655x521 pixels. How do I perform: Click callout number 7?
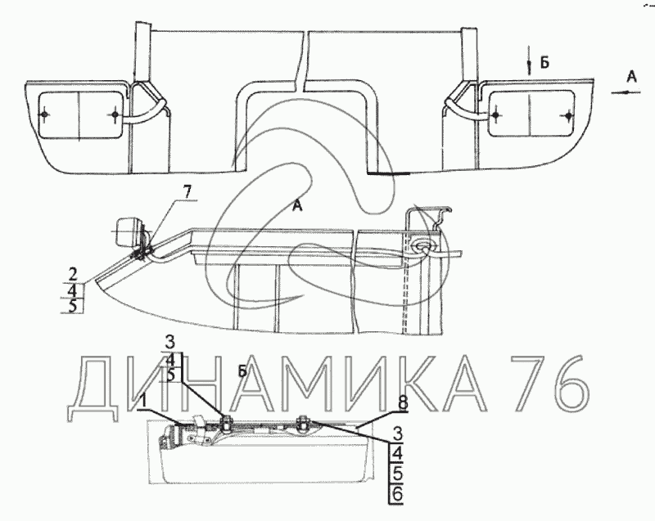pyautogui.click(x=187, y=192)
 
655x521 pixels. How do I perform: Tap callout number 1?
pyautogui.click(x=143, y=401)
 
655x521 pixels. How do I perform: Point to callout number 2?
pyautogui.click(x=73, y=275)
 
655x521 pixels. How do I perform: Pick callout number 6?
pyautogui.click(x=397, y=494)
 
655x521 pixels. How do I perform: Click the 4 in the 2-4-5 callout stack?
pyautogui.click(x=73, y=290)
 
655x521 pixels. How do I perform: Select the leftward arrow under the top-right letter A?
pyautogui.click(x=626, y=92)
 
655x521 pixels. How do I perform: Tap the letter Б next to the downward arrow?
pyautogui.click(x=544, y=63)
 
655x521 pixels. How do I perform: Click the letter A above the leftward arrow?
pyautogui.click(x=631, y=77)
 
